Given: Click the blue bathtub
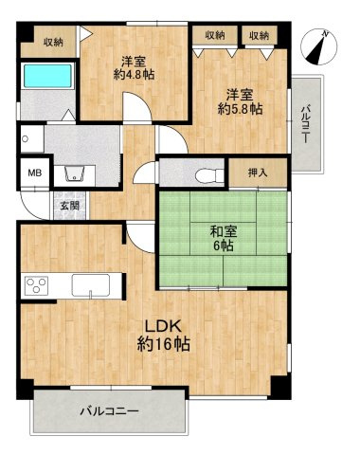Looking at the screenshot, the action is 47,76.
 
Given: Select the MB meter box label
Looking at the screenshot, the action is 35,173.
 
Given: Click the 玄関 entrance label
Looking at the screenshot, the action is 70,206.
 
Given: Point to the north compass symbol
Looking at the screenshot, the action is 319,46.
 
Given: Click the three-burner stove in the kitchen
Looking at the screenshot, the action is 37,285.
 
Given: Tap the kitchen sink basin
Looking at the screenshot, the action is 91,285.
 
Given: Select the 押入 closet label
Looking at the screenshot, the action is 258,173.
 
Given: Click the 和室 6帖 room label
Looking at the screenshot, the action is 224,239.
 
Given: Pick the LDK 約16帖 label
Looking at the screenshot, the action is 163,336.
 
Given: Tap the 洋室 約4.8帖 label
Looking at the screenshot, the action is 134,68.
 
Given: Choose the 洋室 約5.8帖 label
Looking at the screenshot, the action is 240,101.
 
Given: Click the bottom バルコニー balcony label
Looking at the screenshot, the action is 109,411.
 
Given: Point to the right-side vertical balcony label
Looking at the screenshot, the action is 305,124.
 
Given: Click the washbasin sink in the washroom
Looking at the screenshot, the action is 75,173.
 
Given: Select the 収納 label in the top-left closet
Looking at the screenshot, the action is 53,43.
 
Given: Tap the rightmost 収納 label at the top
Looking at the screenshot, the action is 260,35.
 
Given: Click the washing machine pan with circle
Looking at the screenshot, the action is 32,139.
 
